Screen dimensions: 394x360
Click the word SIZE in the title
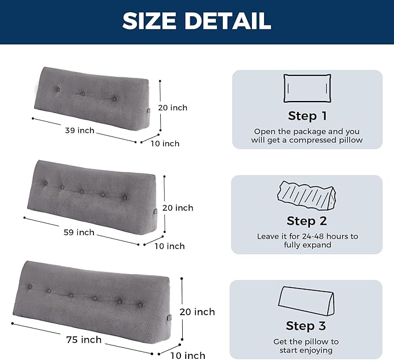pyautogui.click(x=149, y=21)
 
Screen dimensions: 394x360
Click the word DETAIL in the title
pyautogui.click(x=228, y=21)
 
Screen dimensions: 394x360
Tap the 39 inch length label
pyautogui.click(x=79, y=131)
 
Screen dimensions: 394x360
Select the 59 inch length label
pyautogui.click(x=79, y=232)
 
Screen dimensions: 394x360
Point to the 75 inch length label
pyautogui.click(x=84, y=340)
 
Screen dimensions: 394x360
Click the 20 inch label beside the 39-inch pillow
pyautogui.click(x=172, y=107)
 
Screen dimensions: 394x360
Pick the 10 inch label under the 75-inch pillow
pyautogui.click(x=187, y=355)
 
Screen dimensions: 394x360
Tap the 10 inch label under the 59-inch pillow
pyautogui.click(x=169, y=246)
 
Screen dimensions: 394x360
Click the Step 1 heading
pyautogui.click(x=308, y=116)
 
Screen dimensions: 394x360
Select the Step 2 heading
pyautogui.click(x=307, y=221)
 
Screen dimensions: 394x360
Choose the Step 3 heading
pyautogui.click(x=306, y=326)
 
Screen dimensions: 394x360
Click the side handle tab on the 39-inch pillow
pyautogui.click(x=149, y=111)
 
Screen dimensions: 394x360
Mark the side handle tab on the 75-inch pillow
pyautogui.click(x=169, y=318)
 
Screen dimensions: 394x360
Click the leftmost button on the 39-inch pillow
pyautogui.click(x=58, y=89)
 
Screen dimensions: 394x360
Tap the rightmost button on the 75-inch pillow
pyautogui.click(x=140, y=305)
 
